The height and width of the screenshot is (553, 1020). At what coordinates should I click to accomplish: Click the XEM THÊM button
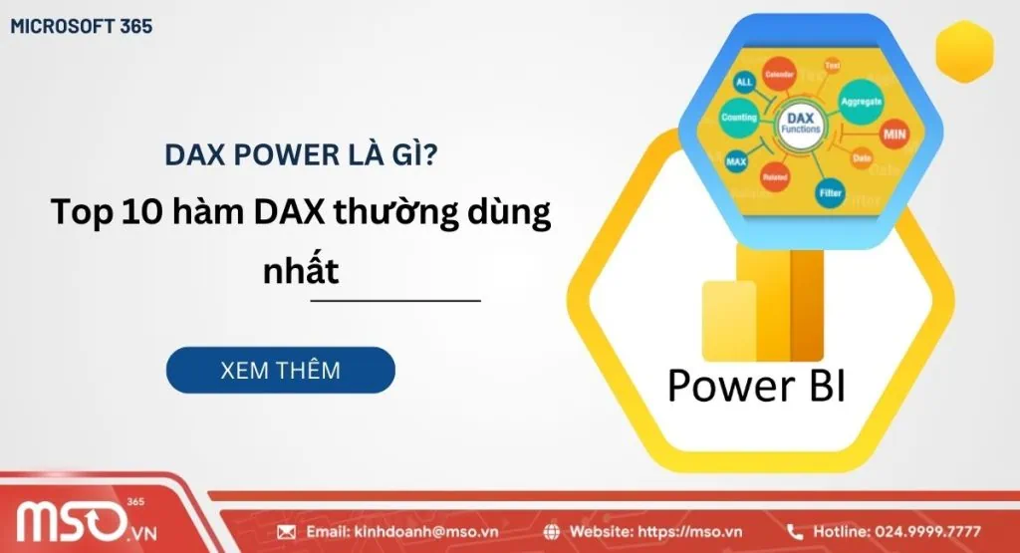click(280, 370)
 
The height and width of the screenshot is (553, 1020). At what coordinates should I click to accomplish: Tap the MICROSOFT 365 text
click(82, 27)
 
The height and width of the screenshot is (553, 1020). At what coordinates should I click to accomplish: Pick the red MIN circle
click(893, 134)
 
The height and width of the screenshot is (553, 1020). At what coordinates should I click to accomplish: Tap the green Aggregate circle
click(861, 103)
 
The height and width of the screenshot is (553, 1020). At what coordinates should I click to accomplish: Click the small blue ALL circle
click(744, 81)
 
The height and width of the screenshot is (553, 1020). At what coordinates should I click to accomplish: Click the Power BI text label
click(756, 386)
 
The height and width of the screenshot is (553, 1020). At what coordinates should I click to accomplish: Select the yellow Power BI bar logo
click(763, 304)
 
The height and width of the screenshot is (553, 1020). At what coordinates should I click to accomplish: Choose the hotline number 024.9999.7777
click(927, 531)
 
